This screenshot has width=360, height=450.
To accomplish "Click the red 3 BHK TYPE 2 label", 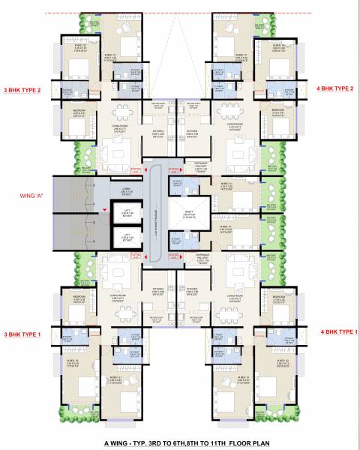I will tap(25, 88).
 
